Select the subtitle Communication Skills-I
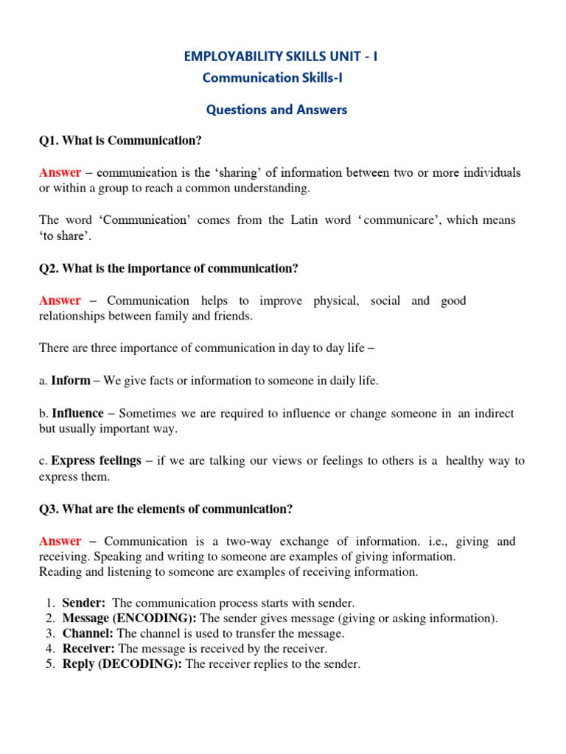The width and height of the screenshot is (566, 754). pyautogui.click(x=272, y=77)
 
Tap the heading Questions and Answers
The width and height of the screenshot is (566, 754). pyautogui.click(x=276, y=110)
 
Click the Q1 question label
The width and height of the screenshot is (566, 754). pyautogui.click(x=49, y=141)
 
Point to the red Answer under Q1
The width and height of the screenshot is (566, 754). pyautogui.click(x=60, y=172)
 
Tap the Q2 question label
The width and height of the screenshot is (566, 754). pyautogui.click(x=49, y=268)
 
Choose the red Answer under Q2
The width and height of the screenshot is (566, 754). pyautogui.click(x=60, y=300)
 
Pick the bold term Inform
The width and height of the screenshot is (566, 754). pyautogui.click(x=71, y=381)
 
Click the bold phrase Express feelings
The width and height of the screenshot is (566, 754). pyautogui.click(x=96, y=460)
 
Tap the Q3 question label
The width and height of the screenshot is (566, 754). pyautogui.click(x=49, y=509)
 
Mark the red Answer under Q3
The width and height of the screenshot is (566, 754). pyautogui.click(x=60, y=541)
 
